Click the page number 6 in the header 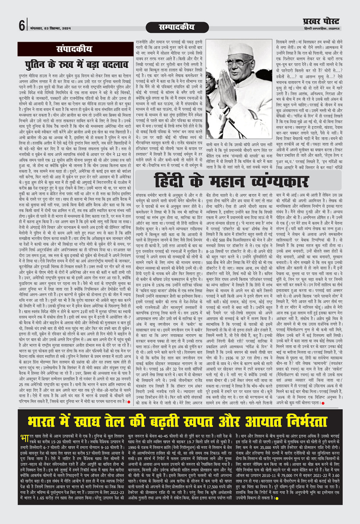pyautogui.click(x=22, y=26)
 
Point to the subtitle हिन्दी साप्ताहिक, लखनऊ pyautogui.click(x=322, y=29)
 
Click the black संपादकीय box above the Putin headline pyautogui.click(x=74, y=49)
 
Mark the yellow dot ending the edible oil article pyautogui.click(x=277, y=498)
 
